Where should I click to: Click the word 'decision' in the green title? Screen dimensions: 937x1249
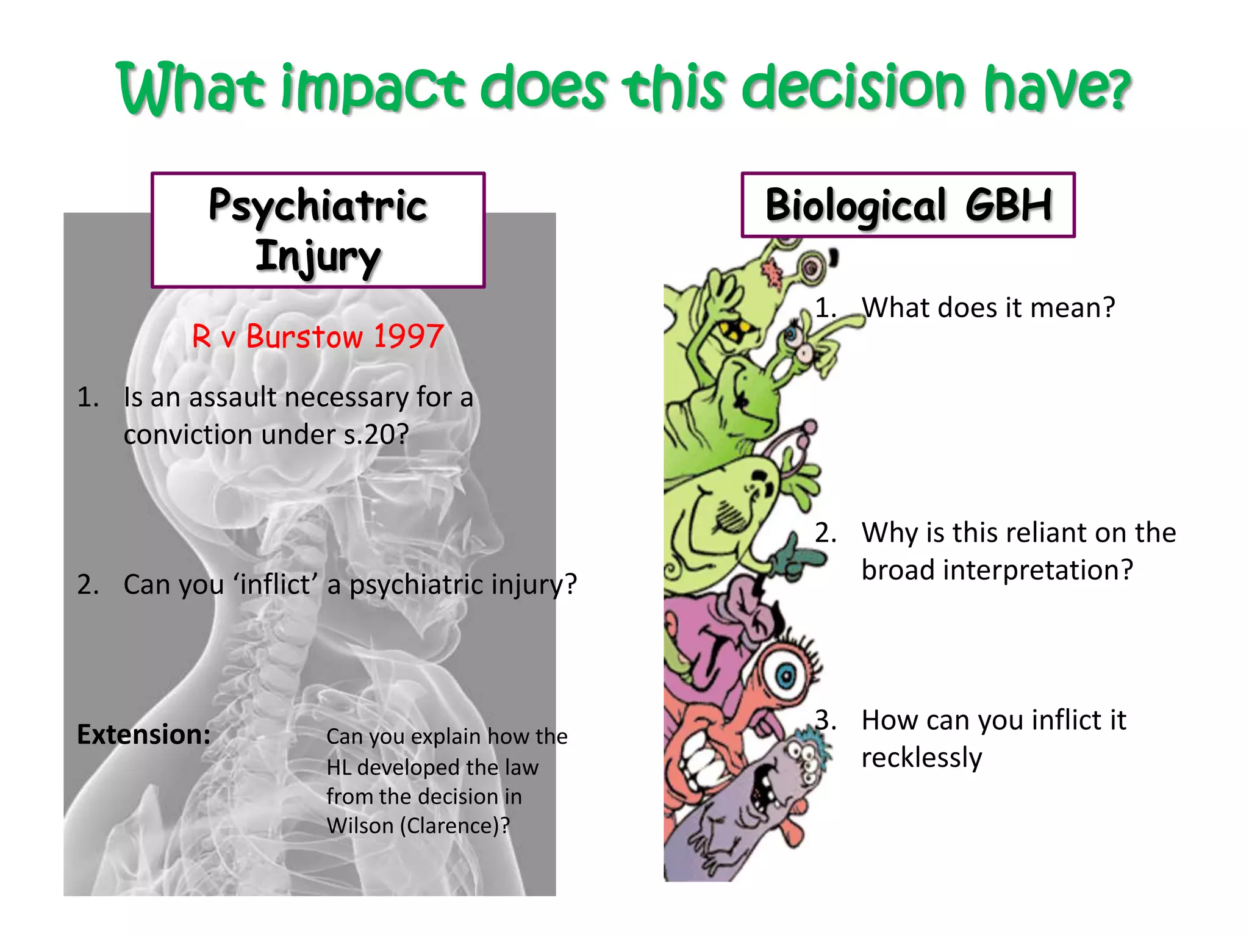click(x=854, y=88)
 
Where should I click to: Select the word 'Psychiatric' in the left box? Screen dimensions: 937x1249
click(x=317, y=206)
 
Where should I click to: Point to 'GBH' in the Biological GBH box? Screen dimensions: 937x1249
click(x=1009, y=205)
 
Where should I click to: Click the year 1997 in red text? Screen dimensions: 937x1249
click(x=408, y=337)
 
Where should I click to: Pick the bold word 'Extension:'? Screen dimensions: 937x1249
click(x=144, y=734)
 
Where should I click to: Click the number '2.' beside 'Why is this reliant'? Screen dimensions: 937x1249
click(x=825, y=533)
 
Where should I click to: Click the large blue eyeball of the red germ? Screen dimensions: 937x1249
click(x=787, y=675)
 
